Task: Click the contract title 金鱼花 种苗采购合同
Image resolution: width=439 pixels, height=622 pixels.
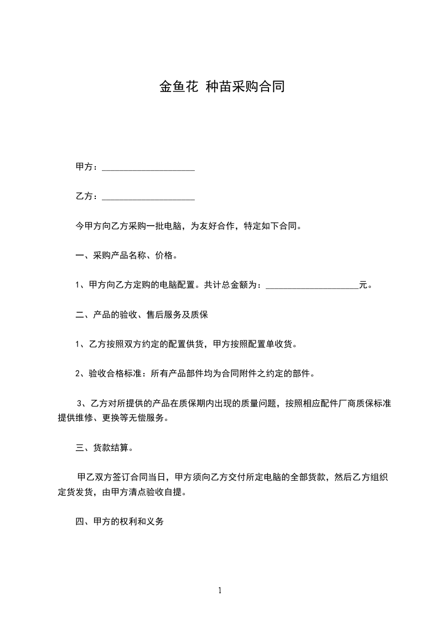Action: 221,86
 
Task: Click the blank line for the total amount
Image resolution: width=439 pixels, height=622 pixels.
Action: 312,287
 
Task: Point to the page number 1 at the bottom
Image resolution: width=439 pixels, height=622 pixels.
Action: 220,590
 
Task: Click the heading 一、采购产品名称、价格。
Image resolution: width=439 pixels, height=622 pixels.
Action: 127,256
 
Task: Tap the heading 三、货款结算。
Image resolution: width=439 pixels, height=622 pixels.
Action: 104,448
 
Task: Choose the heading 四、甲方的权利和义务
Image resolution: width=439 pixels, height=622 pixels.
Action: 120,522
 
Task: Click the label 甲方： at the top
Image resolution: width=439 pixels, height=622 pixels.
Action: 87,167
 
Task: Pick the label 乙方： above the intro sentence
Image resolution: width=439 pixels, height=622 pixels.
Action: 87,196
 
